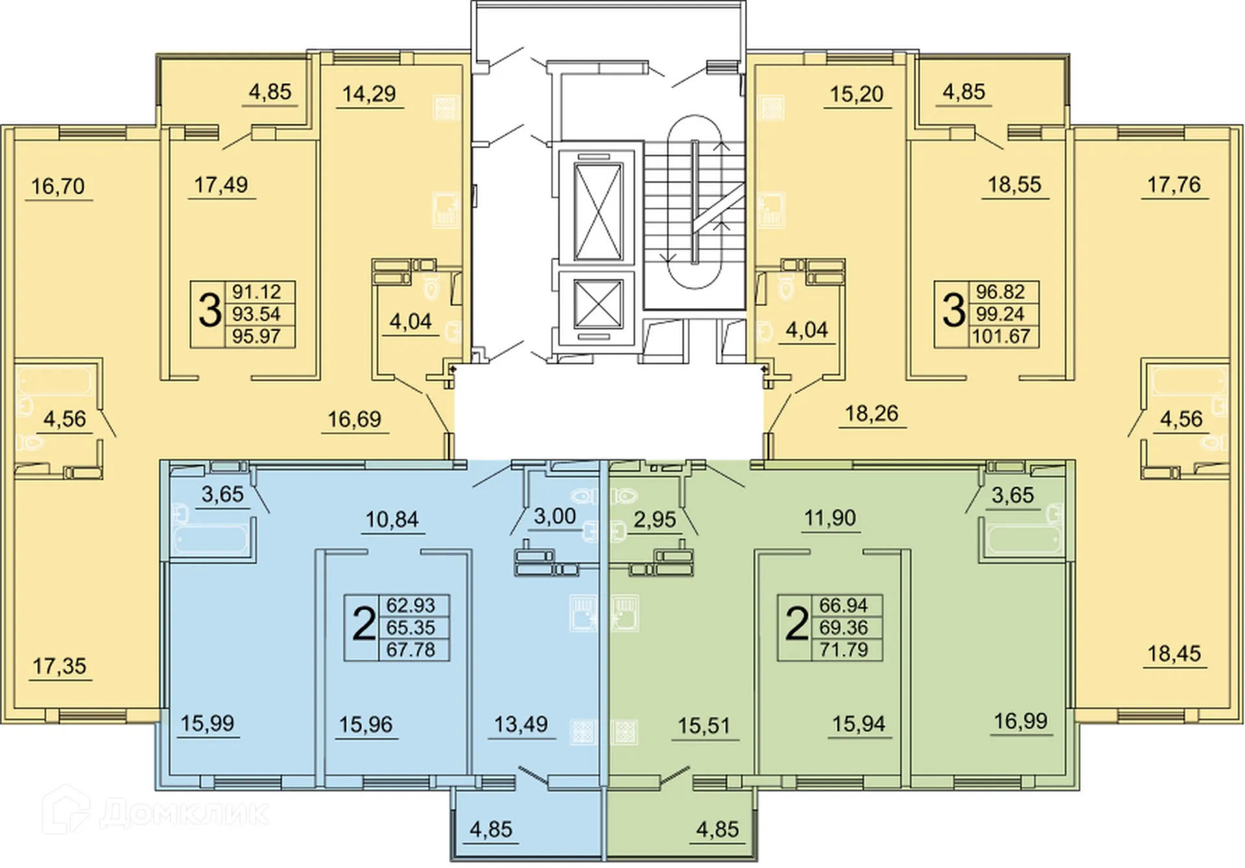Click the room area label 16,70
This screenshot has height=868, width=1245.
pyautogui.click(x=58, y=187)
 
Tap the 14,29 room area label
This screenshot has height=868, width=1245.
pyautogui.click(x=369, y=94)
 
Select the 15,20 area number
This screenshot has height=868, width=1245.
pyautogui.click(x=857, y=95)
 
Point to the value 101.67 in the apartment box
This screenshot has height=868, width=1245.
pyautogui.click(x=1001, y=336)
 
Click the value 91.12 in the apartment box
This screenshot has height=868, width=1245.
pyautogui.click(x=257, y=292)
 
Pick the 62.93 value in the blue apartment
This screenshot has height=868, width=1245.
pyautogui.click(x=410, y=605)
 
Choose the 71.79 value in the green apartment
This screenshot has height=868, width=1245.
pyautogui.click(x=844, y=650)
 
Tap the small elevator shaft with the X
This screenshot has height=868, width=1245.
pyautogui.click(x=598, y=303)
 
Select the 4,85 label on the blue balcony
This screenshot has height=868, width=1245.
pyautogui.click(x=491, y=829)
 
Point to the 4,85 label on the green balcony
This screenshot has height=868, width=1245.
pyautogui.click(x=717, y=829)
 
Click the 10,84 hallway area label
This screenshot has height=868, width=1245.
pyautogui.click(x=392, y=519)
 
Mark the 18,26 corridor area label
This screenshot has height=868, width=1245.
pyautogui.click(x=871, y=414)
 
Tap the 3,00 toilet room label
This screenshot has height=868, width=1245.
pyautogui.click(x=554, y=517)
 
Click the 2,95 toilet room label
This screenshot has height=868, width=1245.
pyautogui.click(x=655, y=520)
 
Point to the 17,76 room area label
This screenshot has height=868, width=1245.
pyautogui.click(x=1174, y=185)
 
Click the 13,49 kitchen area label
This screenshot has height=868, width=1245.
pyautogui.click(x=521, y=724)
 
